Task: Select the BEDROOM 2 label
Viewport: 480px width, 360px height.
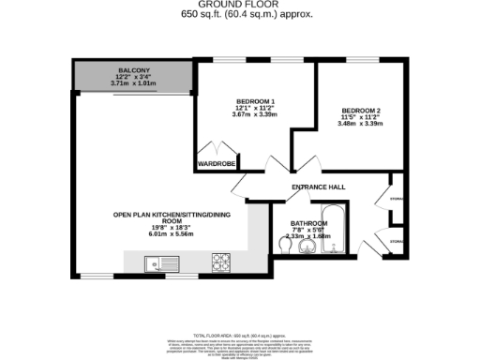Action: pyautogui.click(x=359, y=111)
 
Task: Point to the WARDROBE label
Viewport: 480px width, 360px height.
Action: pyautogui.click(x=214, y=164)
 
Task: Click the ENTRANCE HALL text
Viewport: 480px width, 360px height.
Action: pyautogui.click(x=318, y=187)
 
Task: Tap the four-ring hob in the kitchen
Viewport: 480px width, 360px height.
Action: pyautogui.click(x=222, y=260)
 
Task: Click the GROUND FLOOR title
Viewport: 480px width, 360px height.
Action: pyautogui.click(x=239, y=5)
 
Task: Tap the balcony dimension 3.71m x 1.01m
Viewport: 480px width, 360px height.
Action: pyautogui.click(x=133, y=83)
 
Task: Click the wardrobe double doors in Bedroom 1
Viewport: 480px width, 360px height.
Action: pyautogui.click(x=213, y=149)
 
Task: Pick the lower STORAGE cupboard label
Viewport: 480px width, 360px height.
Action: pyautogui.click(x=397, y=242)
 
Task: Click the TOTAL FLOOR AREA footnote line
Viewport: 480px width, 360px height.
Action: pyautogui.click(x=238, y=335)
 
